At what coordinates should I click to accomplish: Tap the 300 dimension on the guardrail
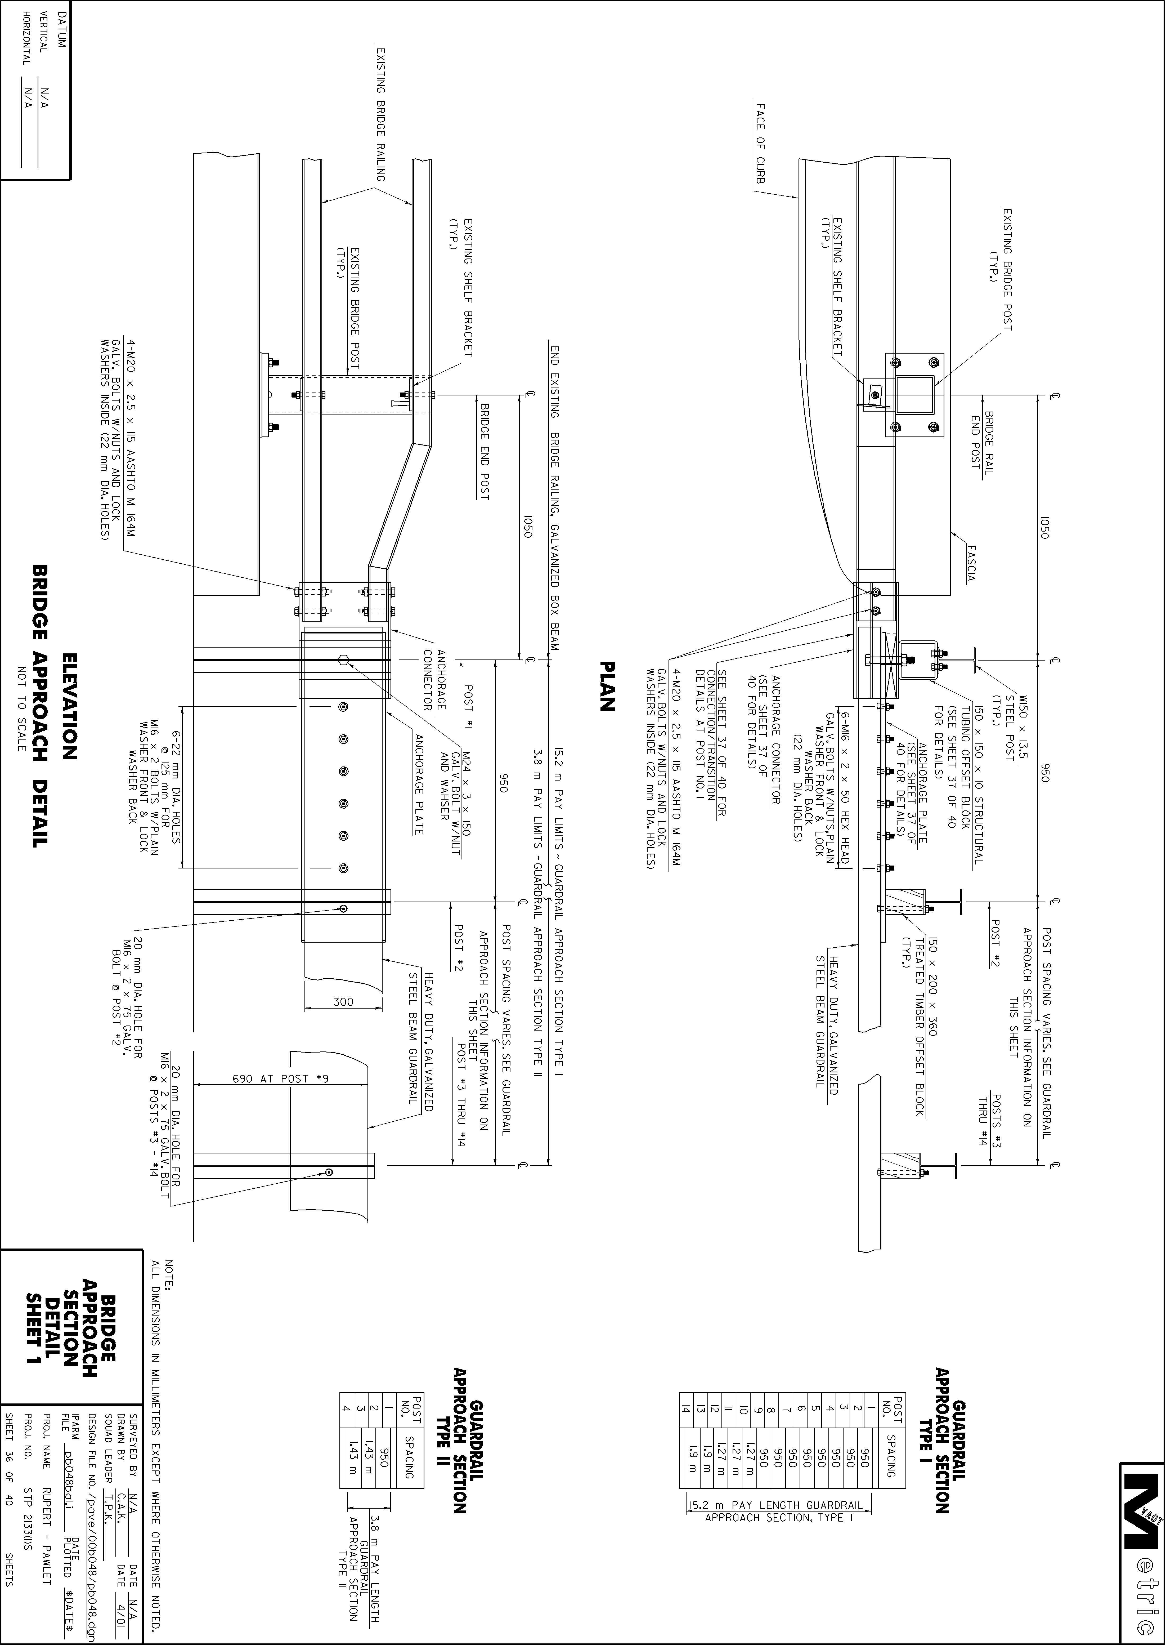click(343, 1001)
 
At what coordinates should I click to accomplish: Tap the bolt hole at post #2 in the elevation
click(343, 908)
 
